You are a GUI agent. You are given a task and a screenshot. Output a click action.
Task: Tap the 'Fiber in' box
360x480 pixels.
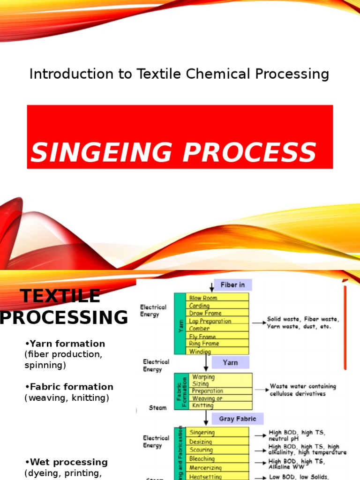(x=232, y=285)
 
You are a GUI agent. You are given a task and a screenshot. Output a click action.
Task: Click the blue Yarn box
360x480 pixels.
(x=230, y=362)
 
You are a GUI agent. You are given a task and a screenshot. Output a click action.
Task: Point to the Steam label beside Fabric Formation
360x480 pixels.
(x=157, y=408)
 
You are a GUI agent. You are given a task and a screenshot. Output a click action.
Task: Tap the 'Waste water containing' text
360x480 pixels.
(x=303, y=387)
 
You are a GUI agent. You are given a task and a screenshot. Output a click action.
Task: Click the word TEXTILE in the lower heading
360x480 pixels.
(x=60, y=296)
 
